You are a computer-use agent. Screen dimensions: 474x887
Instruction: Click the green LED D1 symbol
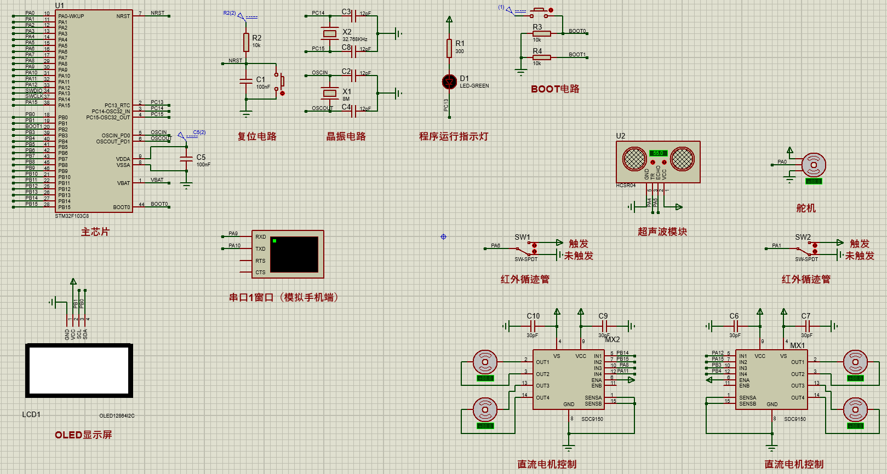tap(449, 82)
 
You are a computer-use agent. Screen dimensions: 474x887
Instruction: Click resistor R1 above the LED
tap(449, 48)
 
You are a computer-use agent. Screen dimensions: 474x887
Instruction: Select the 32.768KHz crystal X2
tap(329, 34)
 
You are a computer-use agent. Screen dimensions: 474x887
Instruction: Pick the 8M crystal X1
tap(329, 93)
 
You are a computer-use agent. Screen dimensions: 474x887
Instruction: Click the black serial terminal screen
tap(294, 254)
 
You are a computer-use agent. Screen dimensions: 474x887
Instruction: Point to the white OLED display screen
tap(79, 371)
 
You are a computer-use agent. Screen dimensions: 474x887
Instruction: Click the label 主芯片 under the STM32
tap(95, 232)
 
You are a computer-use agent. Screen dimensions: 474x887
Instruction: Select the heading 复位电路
tap(257, 136)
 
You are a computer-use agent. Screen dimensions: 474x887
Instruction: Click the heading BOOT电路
tap(555, 89)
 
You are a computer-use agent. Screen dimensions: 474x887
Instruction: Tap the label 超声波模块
tap(662, 232)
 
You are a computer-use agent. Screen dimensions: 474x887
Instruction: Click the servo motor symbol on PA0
tap(814, 165)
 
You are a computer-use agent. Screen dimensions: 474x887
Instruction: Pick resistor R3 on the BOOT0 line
tap(542, 33)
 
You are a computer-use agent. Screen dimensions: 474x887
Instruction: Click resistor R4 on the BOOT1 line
tap(542, 57)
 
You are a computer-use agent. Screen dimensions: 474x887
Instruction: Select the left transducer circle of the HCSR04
tap(634, 159)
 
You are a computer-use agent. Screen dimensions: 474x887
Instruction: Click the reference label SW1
tap(522, 237)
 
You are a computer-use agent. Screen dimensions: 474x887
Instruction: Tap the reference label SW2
tap(803, 237)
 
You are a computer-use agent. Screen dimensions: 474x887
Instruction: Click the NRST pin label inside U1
tap(123, 16)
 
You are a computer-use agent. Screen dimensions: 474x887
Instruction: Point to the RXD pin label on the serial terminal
tap(260, 237)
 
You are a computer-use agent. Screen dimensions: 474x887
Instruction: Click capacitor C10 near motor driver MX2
tap(533, 326)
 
